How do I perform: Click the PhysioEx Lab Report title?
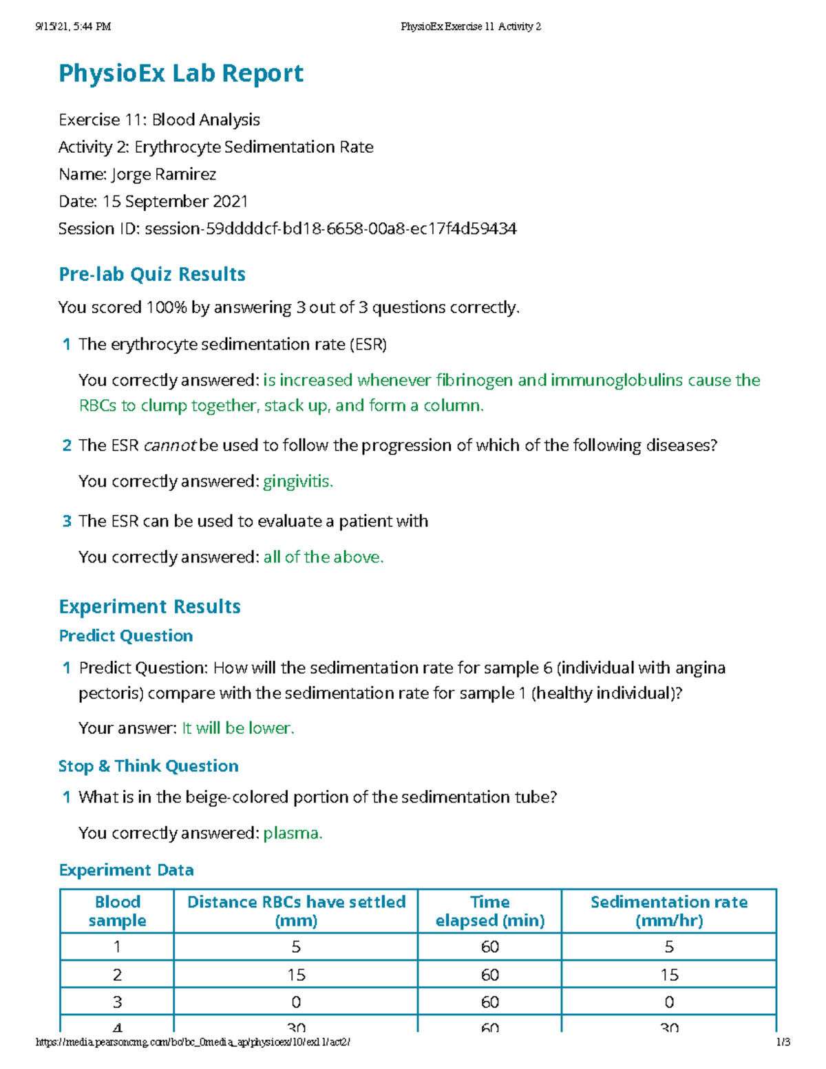[x=181, y=73]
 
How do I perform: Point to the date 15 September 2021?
[x=175, y=202]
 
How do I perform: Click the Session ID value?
[x=330, y=229]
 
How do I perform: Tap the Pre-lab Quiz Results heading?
[x=152, y=274]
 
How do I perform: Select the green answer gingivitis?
[x=297, y=481]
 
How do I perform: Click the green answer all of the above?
[x=323, y=557]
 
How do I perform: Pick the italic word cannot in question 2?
[x=170, y=445]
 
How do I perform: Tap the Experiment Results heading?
[x=149, y=606]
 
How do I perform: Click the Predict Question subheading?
[x=126, y=635]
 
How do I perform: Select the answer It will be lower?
[x=237, y=728]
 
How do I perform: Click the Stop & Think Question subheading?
[x=149, y=766]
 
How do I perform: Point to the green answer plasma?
[x=293, y=833]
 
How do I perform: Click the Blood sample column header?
[x=117, y=911]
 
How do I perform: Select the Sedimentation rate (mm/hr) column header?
[x=668, y=911]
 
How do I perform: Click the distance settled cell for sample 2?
[x=296, y=975]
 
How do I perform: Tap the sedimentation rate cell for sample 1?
[x=668, y=947]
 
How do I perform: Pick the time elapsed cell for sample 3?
[x=489, y=1002]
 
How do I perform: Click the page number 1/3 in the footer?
[x=783, y=1042]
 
